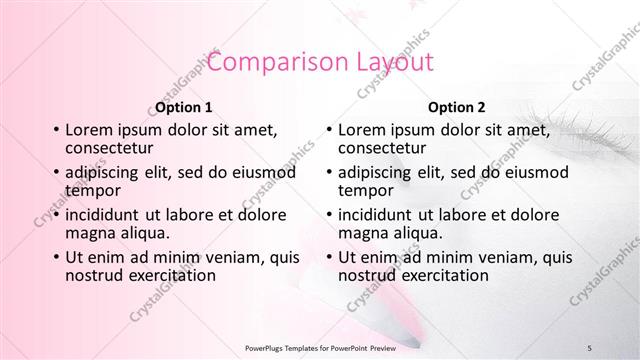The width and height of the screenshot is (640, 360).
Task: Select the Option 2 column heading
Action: [x=457, y=107]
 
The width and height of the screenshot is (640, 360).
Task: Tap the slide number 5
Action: [x=590, y=346]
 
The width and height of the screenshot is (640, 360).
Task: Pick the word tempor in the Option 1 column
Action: [x=92, y=190]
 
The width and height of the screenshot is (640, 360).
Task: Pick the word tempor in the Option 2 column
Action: [x=365, y=190]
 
